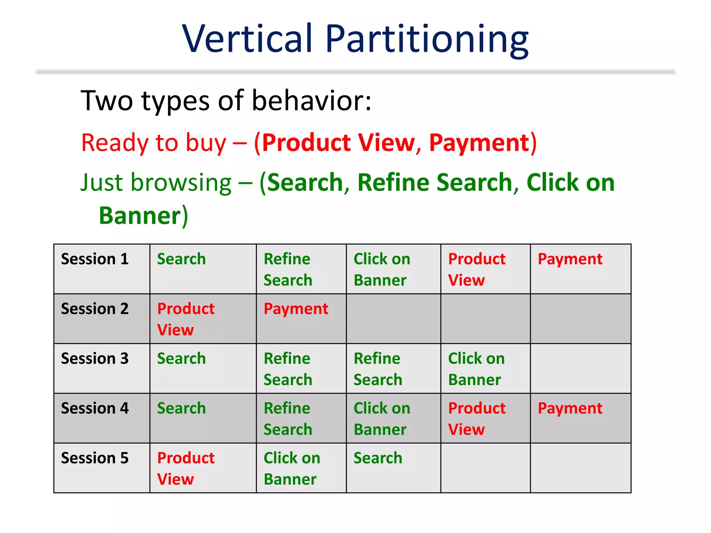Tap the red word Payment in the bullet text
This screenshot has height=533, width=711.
click(x=479, y=143)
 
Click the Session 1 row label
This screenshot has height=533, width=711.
click(x=95, y=259)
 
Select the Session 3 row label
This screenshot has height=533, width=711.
click(x=95, y=358)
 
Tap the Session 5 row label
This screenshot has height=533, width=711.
click(x=95, y=458)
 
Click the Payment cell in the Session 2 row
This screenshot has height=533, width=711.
click(x=296, y=309)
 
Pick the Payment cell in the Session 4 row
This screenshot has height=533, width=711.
click(x=570, y=408)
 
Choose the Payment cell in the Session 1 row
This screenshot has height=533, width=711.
click(x=570, y=259)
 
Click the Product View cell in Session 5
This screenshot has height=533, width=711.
click(x=186, y=468)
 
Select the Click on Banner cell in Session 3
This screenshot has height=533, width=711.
click(x=476, y=369)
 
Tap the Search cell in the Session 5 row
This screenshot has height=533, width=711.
click(x=378, y=458)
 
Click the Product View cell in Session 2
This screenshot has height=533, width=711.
click(x=186, y=319)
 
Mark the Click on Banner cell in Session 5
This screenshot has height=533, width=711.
click(x=292, y=468)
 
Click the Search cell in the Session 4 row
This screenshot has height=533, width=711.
click(x=181, y=408)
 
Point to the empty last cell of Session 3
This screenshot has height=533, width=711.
click(x=580, y=369)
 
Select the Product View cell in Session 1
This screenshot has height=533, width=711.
click(x=477, y=269)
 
